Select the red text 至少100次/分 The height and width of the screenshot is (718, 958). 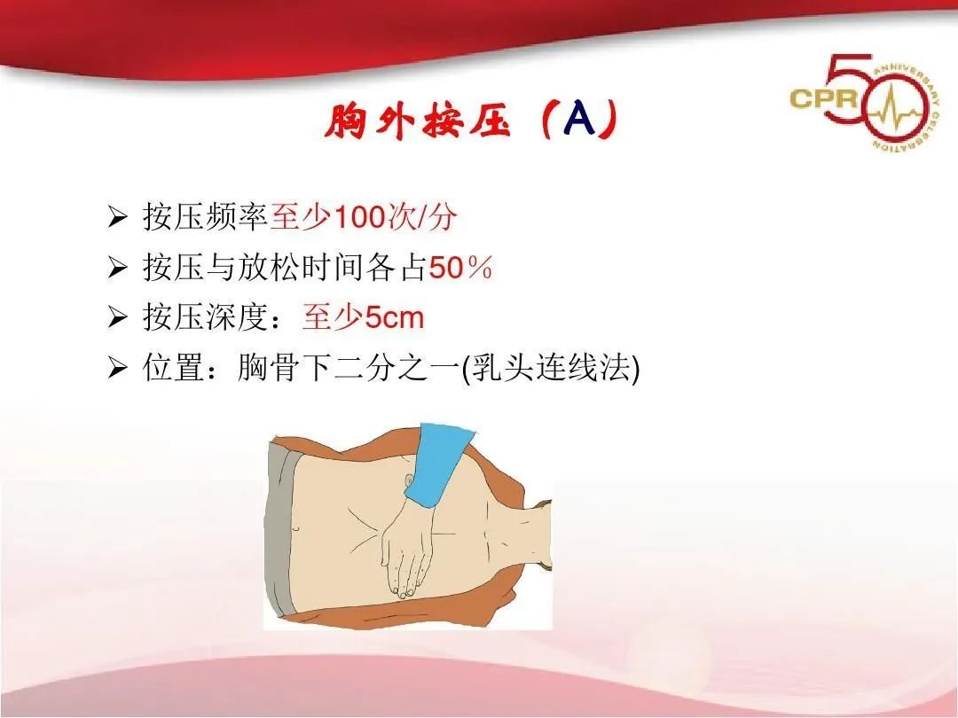click(363, 218)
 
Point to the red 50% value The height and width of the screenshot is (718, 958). click(460, 269)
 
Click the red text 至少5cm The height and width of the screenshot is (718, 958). click(363, 317)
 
